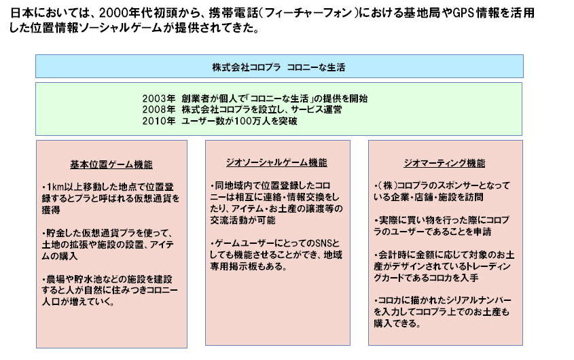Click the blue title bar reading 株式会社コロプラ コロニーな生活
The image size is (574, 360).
279,67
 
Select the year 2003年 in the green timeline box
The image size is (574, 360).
159,98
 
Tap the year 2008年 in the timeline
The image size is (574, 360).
159,109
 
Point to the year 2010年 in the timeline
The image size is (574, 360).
159,121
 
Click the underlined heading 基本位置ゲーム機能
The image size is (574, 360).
111,164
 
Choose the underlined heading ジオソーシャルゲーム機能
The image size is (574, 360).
276,162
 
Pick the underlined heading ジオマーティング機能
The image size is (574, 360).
444,163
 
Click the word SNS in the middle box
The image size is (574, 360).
323,243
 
